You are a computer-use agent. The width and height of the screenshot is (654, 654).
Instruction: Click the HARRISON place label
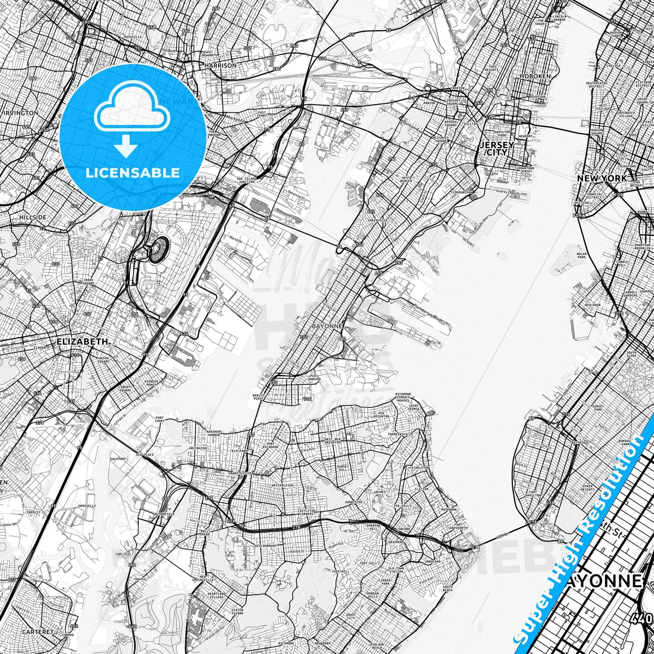[220, 65]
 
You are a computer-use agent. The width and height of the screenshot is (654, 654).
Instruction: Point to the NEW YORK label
[602, 179]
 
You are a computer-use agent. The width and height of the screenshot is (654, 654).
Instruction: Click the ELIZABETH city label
[83, 341]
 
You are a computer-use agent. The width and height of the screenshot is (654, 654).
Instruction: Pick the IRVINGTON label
[20, 113]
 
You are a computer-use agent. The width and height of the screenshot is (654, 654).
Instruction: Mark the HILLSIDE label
[33, 217]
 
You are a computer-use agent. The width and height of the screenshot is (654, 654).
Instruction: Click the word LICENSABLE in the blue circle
[132, 172]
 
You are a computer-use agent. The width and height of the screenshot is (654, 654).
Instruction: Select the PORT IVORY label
[159, 420]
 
